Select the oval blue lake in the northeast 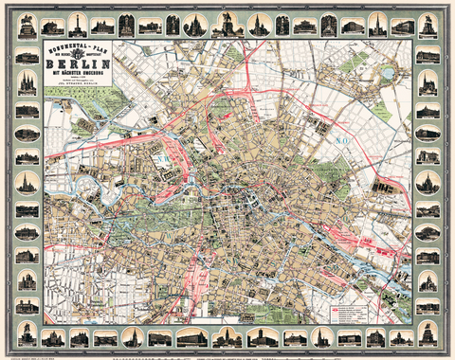tap(387, 72)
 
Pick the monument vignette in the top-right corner tap(428, 27)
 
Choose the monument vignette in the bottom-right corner tap(428, 333)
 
